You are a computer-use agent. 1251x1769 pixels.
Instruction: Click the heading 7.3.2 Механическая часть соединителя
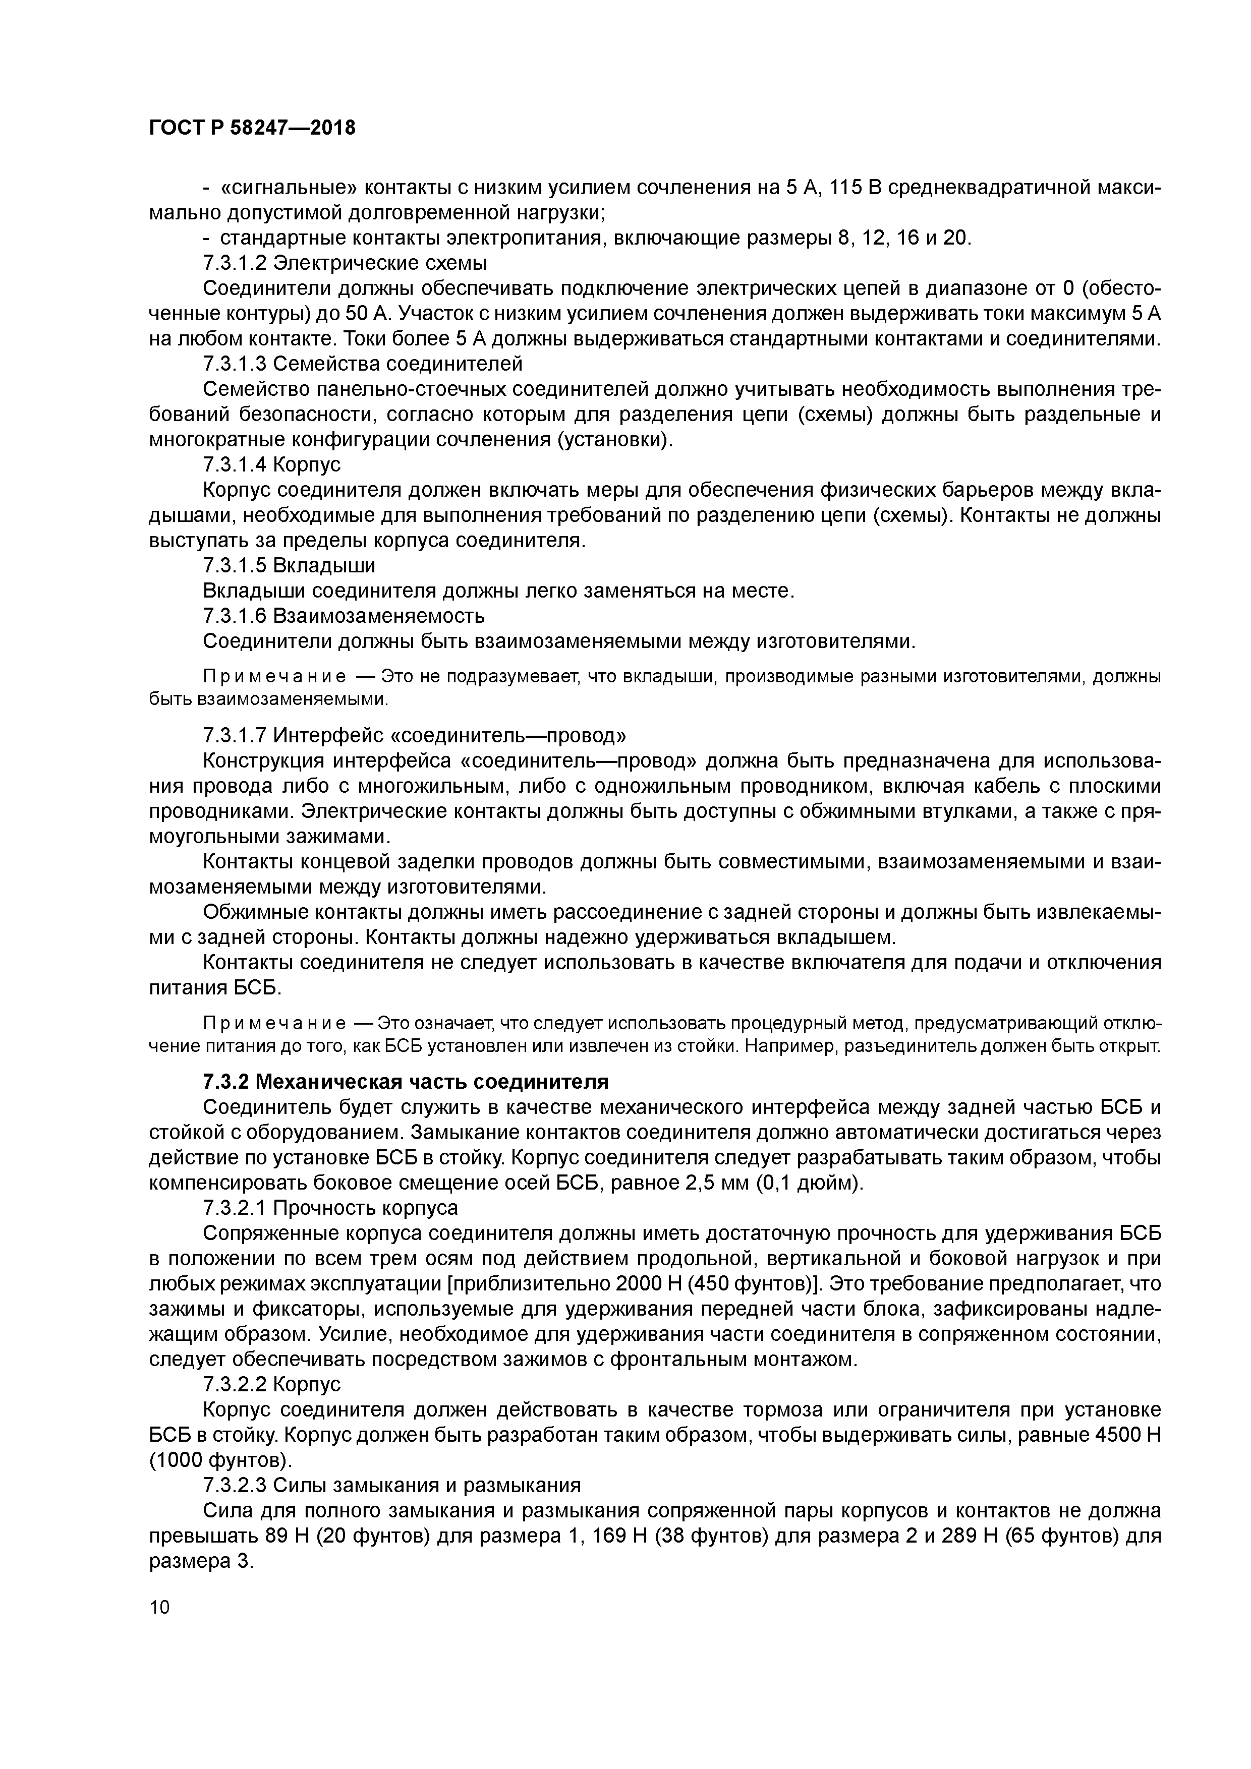(x=406, y=1082)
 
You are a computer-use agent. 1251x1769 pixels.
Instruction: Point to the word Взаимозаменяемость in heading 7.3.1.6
(x=378, y=616)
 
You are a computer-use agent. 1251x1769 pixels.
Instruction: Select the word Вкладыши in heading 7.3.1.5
(x=324, y=565)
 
